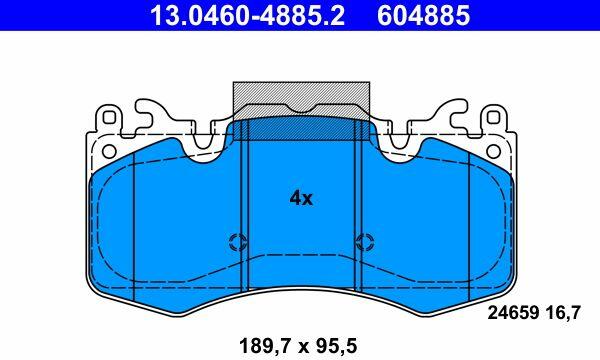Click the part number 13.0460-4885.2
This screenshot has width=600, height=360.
[x=247, y=15]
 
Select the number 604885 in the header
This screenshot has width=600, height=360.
[x=424, y=15]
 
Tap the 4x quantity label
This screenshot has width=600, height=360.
[x=301, y=198]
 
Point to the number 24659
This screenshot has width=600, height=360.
[x=512, y=313]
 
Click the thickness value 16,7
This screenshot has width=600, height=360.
[x=562, y=313]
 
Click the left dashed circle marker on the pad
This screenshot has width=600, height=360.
[x=238, y=242]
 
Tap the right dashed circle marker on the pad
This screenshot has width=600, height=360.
[x=365, y=242]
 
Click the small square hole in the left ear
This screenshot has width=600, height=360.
[x=109, y=117]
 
